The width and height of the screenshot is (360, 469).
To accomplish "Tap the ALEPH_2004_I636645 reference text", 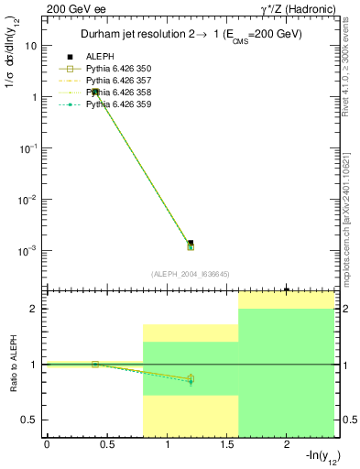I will tap(190, 274).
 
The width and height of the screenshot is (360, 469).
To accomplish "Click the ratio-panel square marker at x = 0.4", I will tap(94, 365).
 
